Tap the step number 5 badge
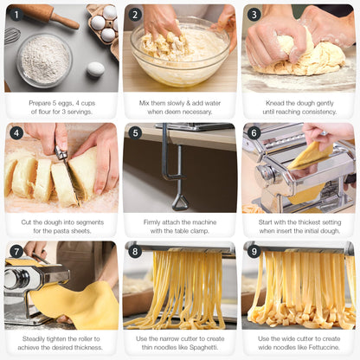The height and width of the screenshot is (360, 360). coord(136,133)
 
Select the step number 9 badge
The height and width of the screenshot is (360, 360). coord(254,252)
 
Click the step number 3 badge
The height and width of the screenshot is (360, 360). coord(254,15)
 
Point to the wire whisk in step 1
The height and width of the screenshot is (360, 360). coord(11,36)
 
